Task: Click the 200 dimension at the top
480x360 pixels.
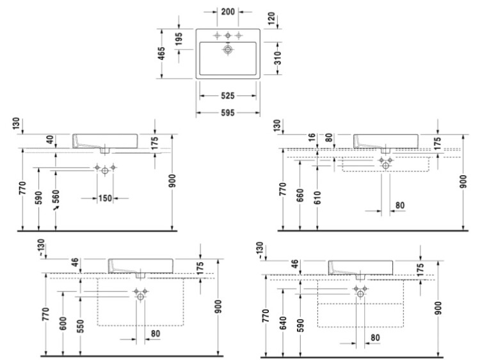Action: click(228, 12)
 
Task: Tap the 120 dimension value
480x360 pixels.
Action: click(271, 19)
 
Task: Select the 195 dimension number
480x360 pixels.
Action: click(179, 39)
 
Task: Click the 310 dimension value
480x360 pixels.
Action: click(278, 58)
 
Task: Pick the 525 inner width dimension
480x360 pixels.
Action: click(228, 96)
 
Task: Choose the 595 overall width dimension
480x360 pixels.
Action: click(228, 113)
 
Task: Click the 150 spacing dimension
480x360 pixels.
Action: click(105, 198)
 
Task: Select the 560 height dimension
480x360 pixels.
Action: click(56, 197)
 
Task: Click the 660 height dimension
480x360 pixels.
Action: click(300, 196)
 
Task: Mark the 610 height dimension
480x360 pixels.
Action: click(317, 198)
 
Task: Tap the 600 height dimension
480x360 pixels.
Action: click(63, 324)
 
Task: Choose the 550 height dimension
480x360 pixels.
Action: click(81, 326)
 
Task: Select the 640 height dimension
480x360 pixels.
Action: click(283, 324)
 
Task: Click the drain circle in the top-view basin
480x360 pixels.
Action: click(228, 49)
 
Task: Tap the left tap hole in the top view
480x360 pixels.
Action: click(217, 36)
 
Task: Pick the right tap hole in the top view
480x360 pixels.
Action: click(239, 36)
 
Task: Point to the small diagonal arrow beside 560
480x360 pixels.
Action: click(56, 208)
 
